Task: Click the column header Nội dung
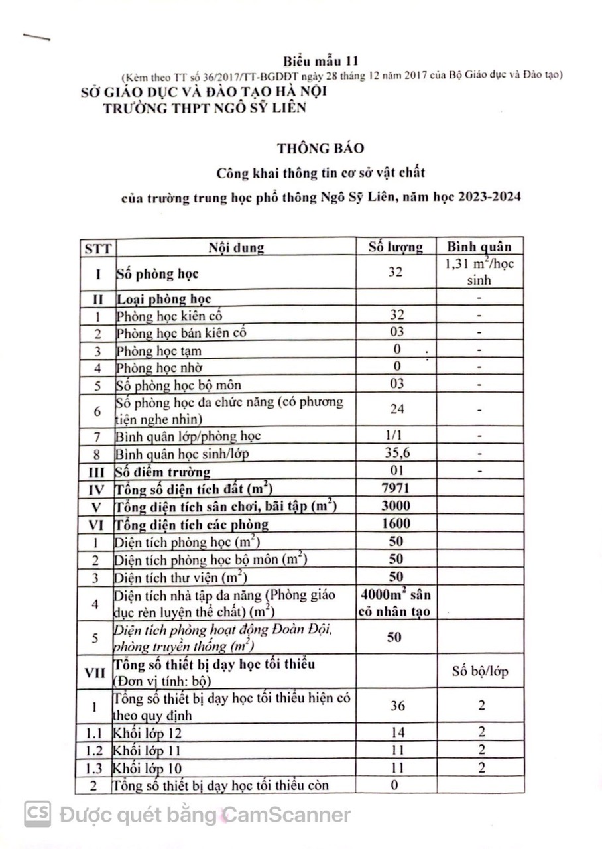(236, 247)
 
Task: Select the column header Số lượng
(396, 247)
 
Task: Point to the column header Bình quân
(479, 247)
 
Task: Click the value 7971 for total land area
(396, 490)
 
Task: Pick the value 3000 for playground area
(396, 507)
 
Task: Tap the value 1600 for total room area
(396, 524)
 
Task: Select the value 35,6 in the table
(396, 454)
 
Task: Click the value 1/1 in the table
(396, 436)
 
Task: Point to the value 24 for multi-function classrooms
(396, 409)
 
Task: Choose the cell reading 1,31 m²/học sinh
(479, 272)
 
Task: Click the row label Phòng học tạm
(159, 350)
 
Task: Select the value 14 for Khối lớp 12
(397, 732)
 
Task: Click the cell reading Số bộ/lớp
(480, 671)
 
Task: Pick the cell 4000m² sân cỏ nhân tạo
(396, 603)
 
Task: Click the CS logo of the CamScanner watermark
(38, 814)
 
